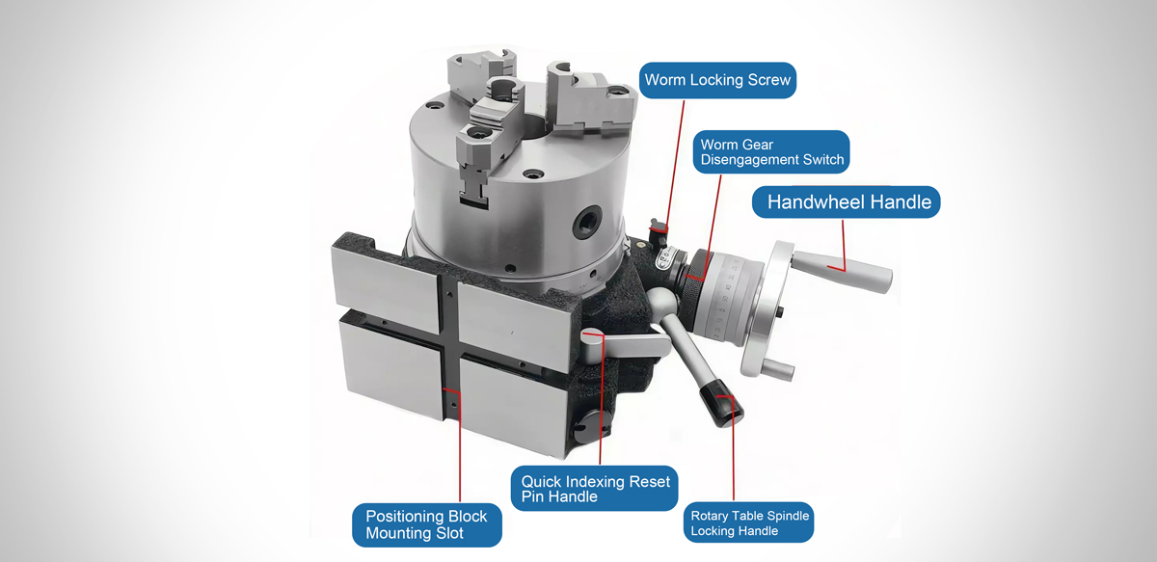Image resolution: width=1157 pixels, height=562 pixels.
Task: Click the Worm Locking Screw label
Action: click(x=717, y=80)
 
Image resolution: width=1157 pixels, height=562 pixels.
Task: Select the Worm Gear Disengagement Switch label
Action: click(x=771, y=152)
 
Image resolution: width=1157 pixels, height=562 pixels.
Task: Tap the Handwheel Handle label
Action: click(x=847, y=202)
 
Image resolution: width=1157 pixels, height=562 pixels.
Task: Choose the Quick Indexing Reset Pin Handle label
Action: click(x=594, y=489)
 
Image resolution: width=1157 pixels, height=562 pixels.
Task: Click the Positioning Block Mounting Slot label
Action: click(x=426, y=524)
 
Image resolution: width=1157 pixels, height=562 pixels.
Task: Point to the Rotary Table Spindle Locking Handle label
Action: click(x=748, y=522)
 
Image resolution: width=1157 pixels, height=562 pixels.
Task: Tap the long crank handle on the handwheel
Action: click(x=841, y=272)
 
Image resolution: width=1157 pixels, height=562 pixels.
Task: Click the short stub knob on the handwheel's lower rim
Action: click(x=777, y=369)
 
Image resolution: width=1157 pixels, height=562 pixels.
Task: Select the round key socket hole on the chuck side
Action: click(x=588, y=221)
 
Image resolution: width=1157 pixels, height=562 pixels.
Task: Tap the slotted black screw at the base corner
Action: click(x=592, y=427)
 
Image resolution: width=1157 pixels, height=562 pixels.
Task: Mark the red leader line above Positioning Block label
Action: click(x=459, y=445)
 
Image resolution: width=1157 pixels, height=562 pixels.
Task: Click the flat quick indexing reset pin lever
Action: click(x=625, y=343)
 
